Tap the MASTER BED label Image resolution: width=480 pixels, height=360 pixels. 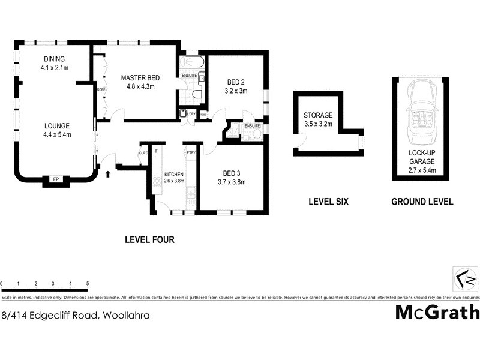click(x=140, y=78)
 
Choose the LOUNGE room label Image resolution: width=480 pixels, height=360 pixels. click(x=57, y=126)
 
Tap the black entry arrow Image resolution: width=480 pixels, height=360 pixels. click(x=108, y=175)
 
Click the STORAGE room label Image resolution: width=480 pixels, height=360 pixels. click(x=318, y=116)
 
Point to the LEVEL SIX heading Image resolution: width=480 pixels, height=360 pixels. click(x=328, y=202)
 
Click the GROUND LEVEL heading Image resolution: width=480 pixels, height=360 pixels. click(x=422, y=202)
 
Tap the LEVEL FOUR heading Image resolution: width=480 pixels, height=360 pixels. click(x=149, y=239)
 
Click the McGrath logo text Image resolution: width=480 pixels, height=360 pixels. click(x=437, y=313)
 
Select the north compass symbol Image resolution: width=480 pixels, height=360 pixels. click(x=465, y=280)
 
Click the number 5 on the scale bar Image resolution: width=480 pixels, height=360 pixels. click(x=88, y=283)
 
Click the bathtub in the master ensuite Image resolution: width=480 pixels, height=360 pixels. click(x=192, y=62)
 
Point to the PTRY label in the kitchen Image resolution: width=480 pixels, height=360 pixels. click(x=191, y=152)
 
